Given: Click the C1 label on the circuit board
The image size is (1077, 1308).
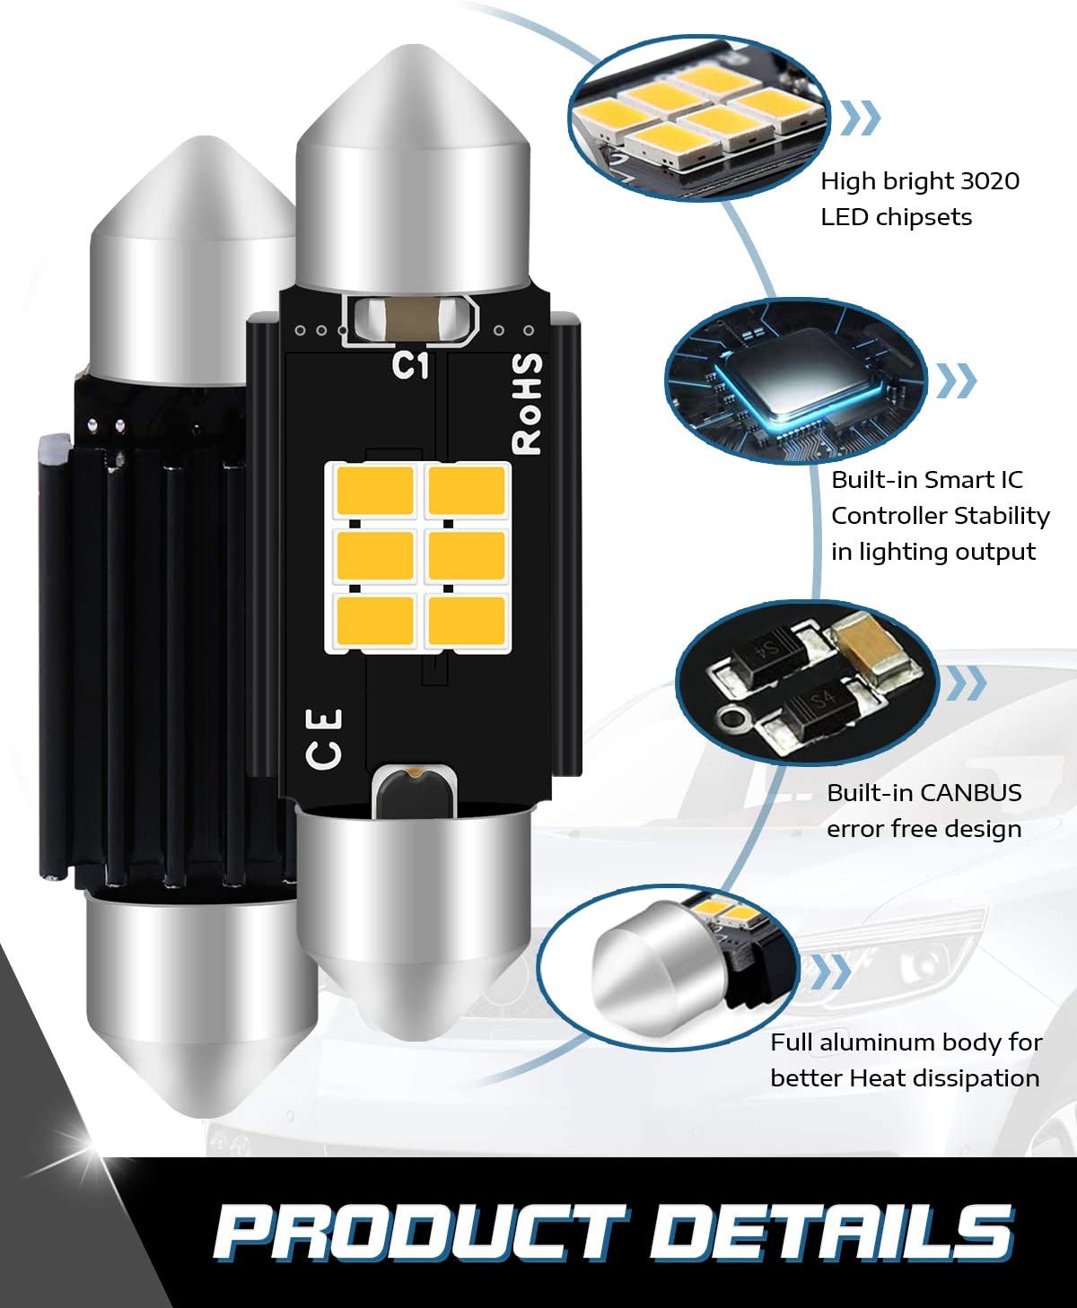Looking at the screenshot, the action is (x=410, y=365).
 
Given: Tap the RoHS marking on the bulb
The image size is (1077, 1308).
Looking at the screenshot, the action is (x=527, y=404).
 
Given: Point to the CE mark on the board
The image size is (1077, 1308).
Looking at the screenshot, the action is (x=323, y=738).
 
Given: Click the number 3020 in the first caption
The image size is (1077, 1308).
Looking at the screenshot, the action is (x=990, y=181).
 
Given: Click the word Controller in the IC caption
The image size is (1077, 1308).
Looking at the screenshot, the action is (x=888, y=516).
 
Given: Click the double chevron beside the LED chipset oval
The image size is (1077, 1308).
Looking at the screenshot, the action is (x=861, y=118).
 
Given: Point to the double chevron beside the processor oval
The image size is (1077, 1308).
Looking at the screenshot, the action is (x=957, y=380).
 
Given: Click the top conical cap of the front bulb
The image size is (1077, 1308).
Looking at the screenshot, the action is (x=413, y=168).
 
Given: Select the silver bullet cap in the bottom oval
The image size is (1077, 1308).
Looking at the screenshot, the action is (x=658, y=973).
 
